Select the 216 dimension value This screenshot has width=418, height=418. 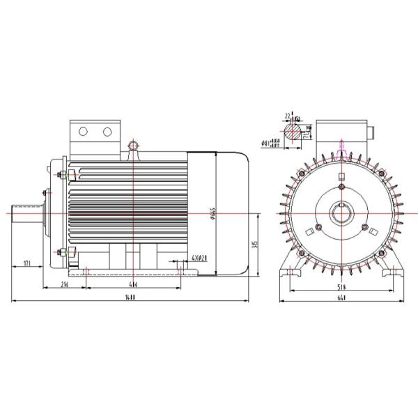coord(64,286)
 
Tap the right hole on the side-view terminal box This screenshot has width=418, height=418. coord(107,131)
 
